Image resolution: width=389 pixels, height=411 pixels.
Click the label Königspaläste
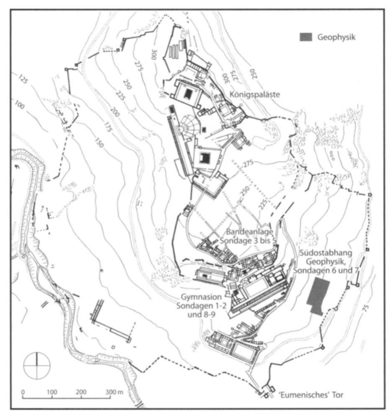click(255, 94)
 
